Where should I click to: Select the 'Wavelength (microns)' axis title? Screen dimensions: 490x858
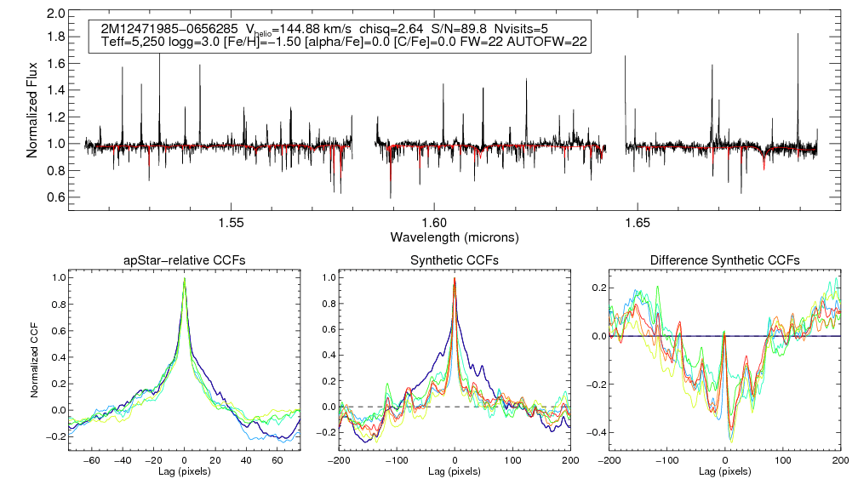[x=455, y=236]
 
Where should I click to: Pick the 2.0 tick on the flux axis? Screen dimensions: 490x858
[x=56, y=14]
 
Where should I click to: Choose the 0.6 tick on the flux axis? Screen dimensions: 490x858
[x=56, y=197]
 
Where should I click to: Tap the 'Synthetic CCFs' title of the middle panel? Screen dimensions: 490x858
[x=455, y=260]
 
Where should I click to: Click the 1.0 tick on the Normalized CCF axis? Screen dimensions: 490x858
[x=58, y=277]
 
